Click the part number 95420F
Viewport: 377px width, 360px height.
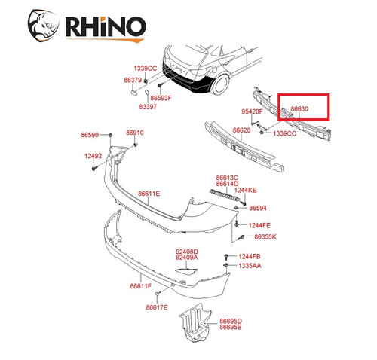pyautogui.click(x=252, y=111)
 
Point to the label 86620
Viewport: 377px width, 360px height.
pyautogui.click(x=241, y=130)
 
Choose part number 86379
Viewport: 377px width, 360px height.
pyautogui.click(x=133, y=80)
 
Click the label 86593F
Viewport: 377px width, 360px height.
pyautogui.click(x=161, y=98)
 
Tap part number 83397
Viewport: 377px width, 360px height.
pyautogui.click(x=146, y=107)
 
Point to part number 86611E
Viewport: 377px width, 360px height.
pyautogui.click(x=149, y=194)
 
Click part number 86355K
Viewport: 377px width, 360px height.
pyautogui.click(x=265, y=237)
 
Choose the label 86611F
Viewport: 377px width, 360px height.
pyautogui.click(x=140, y=286)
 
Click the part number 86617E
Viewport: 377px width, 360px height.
pyautogui.click(x=157, y=307)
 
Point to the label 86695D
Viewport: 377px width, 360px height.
pyautogui.click(x=231, y=321)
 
